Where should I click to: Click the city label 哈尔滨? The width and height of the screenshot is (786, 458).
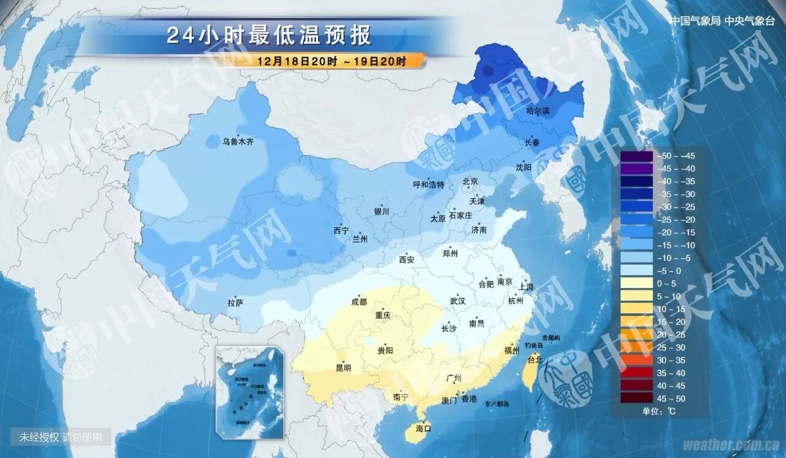[x=539, y=111]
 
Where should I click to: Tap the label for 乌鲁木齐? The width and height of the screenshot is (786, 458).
[x=238, y=142]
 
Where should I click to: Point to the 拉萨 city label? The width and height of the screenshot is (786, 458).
[x=236, y=303]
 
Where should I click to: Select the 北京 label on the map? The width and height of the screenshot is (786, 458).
[x=470, y=181]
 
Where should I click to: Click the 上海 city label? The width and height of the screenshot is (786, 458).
[x=526, y=287]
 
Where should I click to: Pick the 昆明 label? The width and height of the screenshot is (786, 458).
[x=343, y=368]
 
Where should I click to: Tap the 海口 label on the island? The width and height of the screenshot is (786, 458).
[x=424, y=428]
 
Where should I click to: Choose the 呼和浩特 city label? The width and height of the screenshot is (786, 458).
[x=428, y=185]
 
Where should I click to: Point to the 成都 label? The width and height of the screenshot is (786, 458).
[x=359, y=302]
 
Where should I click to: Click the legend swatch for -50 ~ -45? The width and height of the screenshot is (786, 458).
[x=636, y=156]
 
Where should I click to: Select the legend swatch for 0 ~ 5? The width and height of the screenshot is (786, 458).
[x=636, y=284]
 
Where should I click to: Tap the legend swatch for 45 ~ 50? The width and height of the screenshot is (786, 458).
[x=636, y=398]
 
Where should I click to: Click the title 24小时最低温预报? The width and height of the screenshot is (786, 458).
[x=269, y=36]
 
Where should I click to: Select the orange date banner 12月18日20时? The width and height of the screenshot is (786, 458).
[x=332, y=61]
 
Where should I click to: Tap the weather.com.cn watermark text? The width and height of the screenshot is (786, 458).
[x=731, y=444]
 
